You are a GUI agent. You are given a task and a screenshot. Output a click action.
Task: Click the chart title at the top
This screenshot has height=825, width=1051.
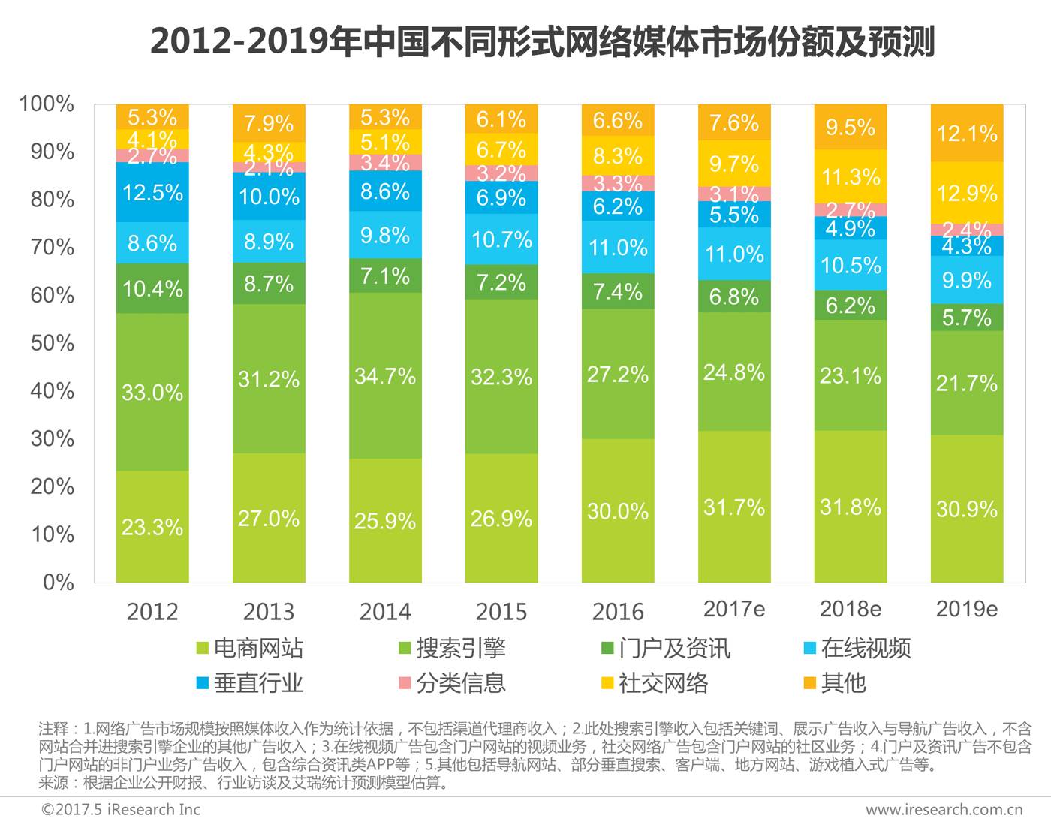click(542, 41)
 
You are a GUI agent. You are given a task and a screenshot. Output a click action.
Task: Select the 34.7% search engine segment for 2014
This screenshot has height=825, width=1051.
click(385, 375)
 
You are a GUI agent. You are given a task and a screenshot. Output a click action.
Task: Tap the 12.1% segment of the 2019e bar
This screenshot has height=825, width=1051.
click(967, 134)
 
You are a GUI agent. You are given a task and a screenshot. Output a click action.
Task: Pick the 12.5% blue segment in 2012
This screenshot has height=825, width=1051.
click(152, 193)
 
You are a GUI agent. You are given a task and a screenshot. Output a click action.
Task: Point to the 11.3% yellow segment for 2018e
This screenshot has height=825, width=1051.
click(851, 177)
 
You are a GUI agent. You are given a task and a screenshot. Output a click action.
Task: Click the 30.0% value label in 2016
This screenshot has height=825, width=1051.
click(618, 511)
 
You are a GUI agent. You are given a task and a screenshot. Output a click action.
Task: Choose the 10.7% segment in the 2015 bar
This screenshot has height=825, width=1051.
click(501, 239)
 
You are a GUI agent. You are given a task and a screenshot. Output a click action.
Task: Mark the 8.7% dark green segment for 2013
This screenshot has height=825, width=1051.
click(269, 284)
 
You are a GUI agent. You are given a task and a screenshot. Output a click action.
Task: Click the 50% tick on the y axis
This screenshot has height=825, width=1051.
click(52, 343)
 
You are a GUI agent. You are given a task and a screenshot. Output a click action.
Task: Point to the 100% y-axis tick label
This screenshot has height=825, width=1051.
click(47, 104)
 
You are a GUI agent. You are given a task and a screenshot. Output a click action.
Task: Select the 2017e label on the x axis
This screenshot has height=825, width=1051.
click(734, 609)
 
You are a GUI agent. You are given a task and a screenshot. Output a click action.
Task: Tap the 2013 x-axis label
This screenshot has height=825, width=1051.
click(269, 611)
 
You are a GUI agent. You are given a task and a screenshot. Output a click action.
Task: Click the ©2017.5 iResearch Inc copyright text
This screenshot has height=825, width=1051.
click(121, 809)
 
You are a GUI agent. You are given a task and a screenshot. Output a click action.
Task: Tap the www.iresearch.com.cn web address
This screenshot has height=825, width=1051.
click(944, 809)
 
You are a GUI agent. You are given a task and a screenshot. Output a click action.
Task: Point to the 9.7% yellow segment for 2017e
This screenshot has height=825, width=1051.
click(734, 164)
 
